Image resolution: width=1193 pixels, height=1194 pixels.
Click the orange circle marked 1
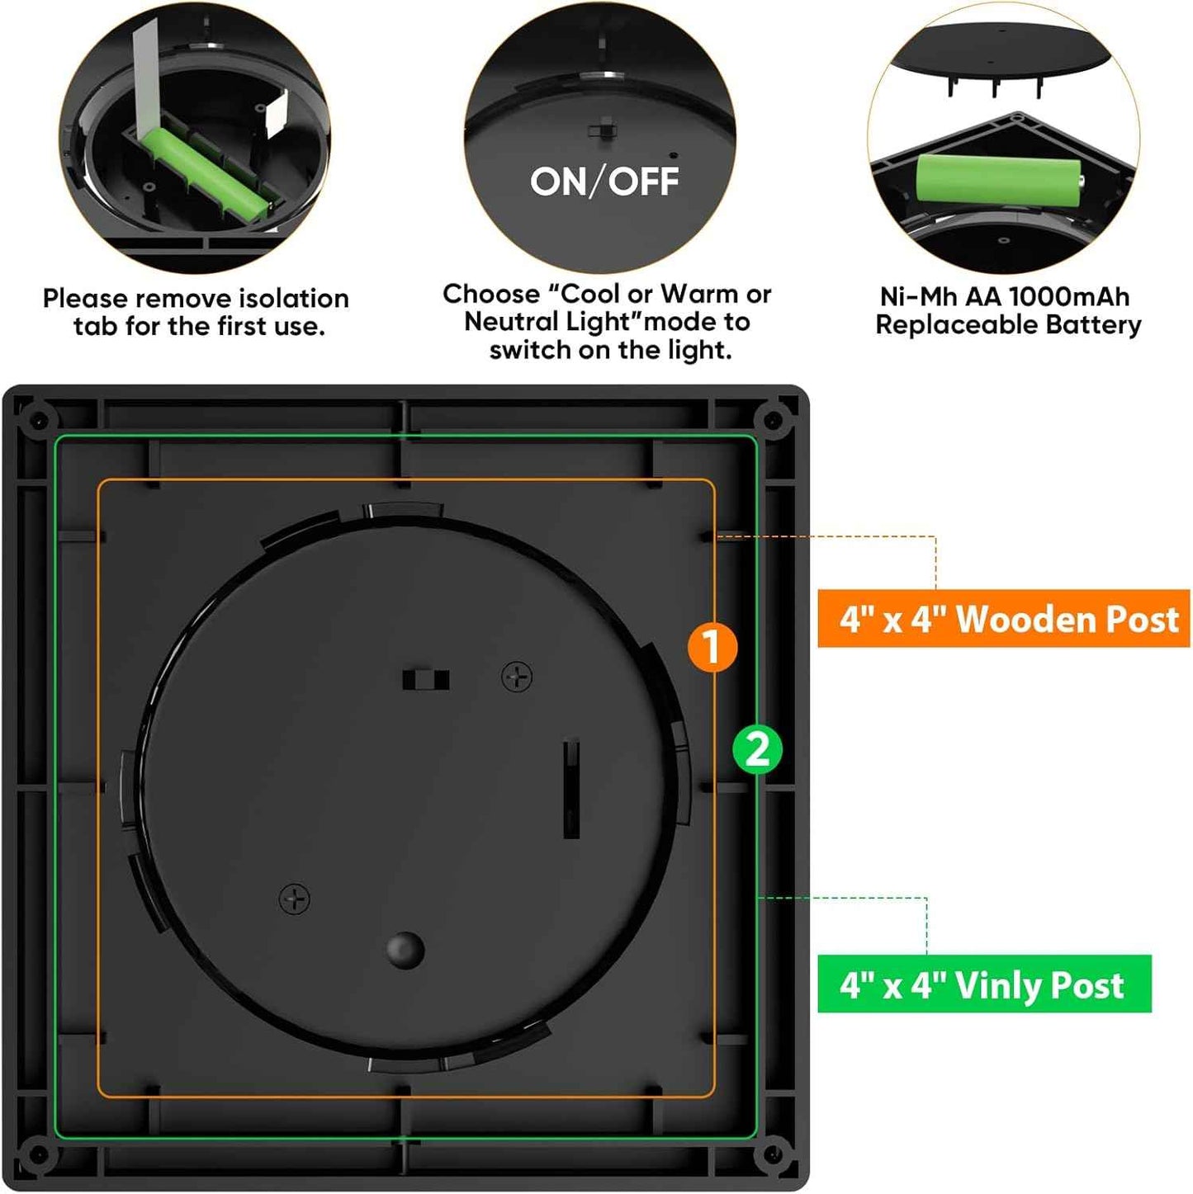(712, 646)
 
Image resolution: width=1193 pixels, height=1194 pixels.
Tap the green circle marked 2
(757, 749)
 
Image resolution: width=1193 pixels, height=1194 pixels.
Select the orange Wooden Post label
(1003, 619)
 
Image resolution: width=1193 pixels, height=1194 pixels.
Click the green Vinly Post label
(984, 984)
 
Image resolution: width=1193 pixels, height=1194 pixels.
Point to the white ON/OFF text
(604, 182)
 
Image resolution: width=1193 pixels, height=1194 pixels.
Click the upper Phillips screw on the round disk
(517, 677)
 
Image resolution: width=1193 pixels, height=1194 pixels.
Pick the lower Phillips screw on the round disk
(295, 899)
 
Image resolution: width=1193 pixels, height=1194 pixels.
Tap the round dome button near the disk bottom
(405, 949)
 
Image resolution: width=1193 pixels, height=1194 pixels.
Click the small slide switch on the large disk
(426, 680)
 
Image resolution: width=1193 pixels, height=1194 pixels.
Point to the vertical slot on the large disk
(570, 789)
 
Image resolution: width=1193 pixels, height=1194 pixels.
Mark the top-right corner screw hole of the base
(773, 420)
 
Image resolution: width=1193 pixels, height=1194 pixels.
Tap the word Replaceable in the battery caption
(956, 325)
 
